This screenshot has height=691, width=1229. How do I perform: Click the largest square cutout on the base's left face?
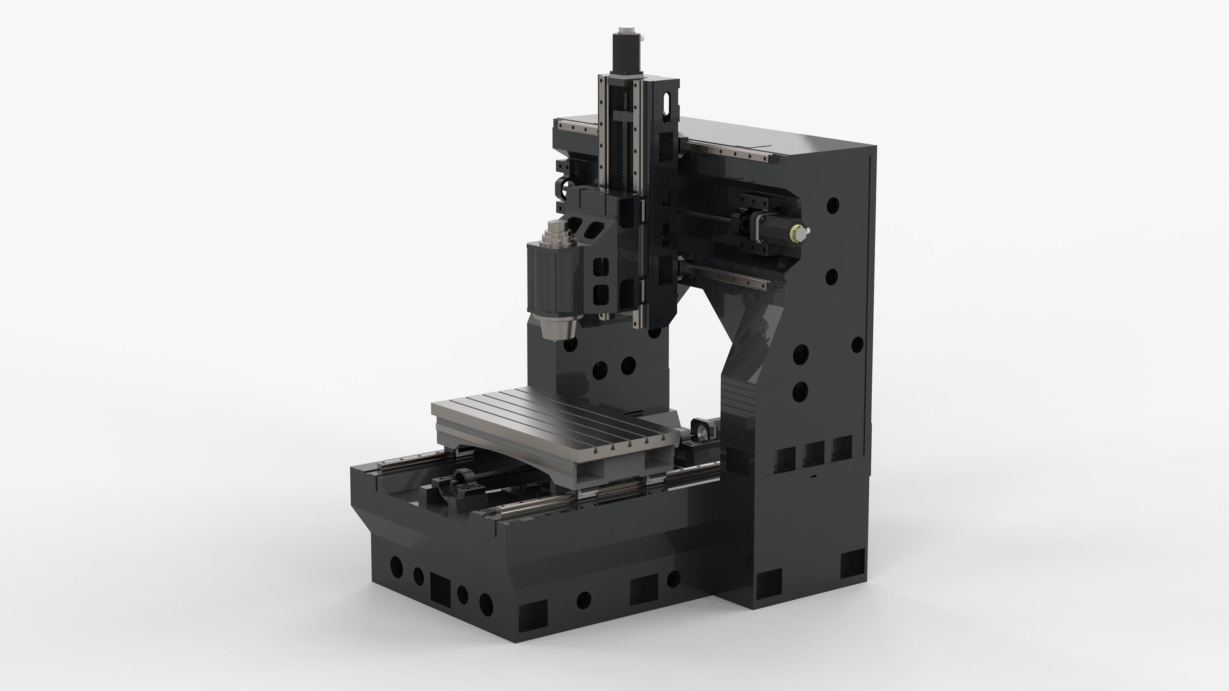(x=441, y=584)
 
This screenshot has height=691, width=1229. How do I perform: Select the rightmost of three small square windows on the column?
(x=842, y=448)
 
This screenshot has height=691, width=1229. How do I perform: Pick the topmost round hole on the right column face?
(x=833, y=205)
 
